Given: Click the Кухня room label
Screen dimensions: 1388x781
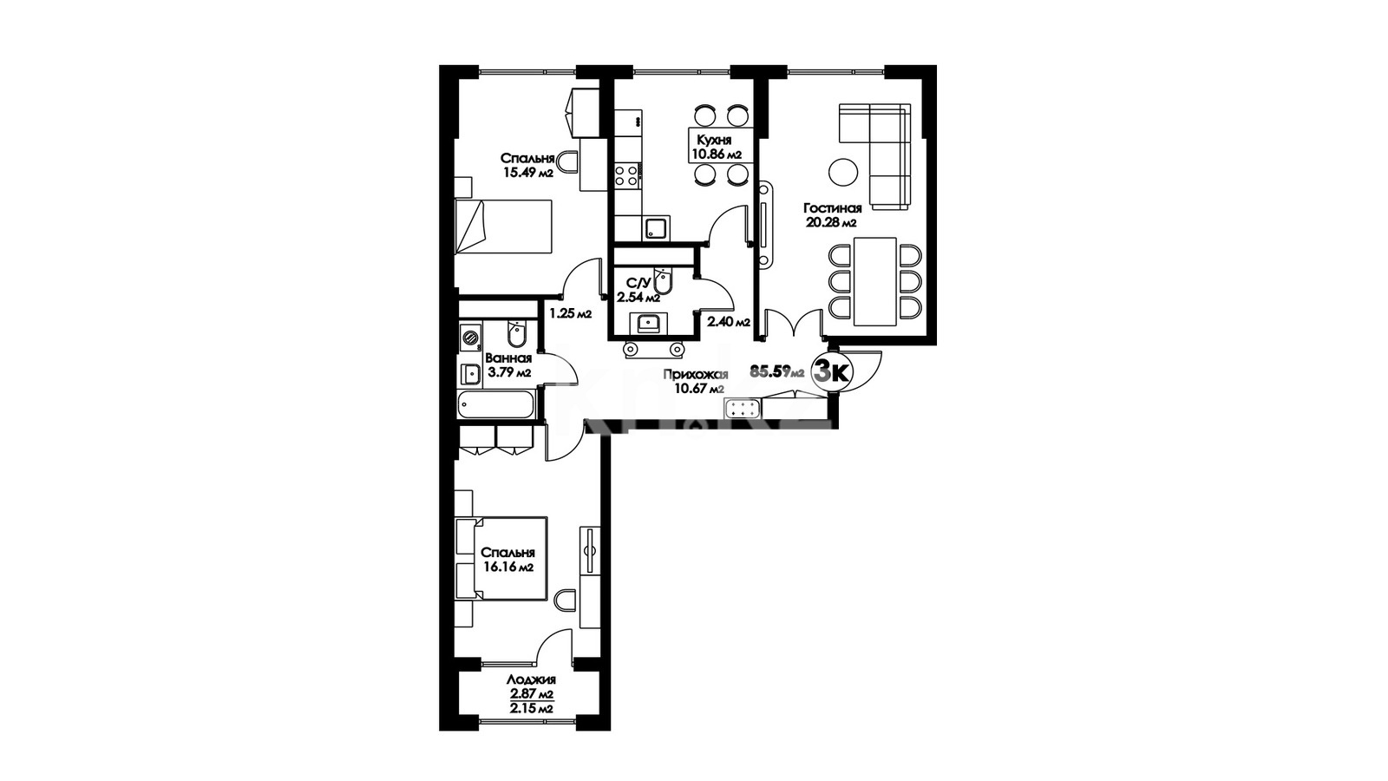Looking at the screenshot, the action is click(714, 140).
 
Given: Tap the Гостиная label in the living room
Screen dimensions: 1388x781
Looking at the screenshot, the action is click(832, 208).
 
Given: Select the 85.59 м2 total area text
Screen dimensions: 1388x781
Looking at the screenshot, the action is click(777, 372).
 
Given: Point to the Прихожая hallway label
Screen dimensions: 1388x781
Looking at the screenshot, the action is click(695, 374).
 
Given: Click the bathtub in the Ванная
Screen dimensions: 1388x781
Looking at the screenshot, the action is click(495, 406).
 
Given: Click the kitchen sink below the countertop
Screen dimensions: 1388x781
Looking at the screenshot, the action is click(656, 228).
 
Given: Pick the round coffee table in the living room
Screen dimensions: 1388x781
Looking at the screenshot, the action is click(843, 172).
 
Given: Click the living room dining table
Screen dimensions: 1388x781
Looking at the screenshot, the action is click(875, 281).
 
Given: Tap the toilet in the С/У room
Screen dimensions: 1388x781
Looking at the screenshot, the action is click(663, 283).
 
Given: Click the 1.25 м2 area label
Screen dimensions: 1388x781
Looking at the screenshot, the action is click(571, 313).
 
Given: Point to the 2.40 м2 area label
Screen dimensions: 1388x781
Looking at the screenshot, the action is click(729, 322).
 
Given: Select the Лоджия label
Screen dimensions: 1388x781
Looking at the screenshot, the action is click(531, 680).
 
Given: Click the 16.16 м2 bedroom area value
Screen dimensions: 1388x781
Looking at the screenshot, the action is click(508, 567).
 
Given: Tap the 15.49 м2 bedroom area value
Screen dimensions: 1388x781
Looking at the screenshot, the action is click(528, 173).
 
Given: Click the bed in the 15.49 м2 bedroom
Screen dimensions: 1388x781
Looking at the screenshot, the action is click(503, 226).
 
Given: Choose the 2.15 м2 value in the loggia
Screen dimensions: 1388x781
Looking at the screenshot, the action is click(531, 708).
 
